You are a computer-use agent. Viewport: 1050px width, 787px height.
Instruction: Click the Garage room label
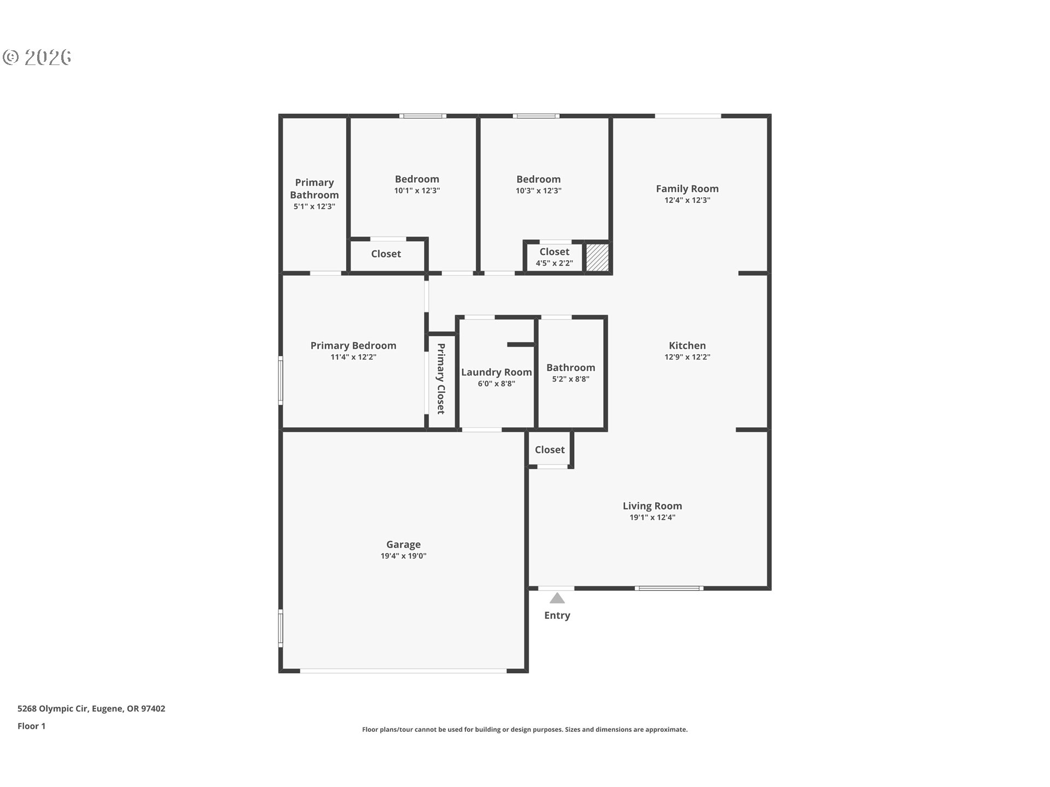point(403,544)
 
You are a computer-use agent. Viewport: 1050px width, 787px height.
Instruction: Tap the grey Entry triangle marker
point(557,598)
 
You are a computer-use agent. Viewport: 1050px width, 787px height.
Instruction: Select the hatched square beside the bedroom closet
point(597,257)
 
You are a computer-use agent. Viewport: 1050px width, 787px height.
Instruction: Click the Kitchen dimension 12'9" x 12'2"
point(687,357)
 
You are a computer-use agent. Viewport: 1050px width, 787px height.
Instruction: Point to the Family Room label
point(687,189)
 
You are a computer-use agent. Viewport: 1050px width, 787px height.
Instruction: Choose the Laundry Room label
point(496,372)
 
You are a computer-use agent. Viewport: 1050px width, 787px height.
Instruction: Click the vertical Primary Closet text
point(441,378)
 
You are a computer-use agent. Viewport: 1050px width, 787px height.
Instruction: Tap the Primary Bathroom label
point(314,189)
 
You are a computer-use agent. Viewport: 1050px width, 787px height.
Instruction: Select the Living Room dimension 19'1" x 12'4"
point(652,518)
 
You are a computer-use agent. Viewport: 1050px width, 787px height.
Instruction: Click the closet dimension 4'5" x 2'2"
point(554,263)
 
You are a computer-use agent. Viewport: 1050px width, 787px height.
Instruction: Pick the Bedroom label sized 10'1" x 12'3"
point(417,179)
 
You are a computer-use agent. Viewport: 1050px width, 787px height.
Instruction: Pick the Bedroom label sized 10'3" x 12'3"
point(538,179)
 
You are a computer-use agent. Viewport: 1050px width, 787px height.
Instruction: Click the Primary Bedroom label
point(353,345)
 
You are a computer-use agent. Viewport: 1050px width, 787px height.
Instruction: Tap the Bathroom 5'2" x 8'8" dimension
point(570,379)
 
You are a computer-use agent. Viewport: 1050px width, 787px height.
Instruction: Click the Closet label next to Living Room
point(549,450)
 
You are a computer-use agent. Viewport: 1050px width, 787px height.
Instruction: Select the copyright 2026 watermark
point(37,57)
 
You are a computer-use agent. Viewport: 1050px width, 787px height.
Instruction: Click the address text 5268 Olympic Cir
point(91,708)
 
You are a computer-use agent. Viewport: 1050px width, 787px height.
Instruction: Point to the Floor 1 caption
point(31,726)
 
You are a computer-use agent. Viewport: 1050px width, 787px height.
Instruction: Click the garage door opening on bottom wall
point(403,671)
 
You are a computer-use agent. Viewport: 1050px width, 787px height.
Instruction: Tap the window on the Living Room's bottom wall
point(669,589)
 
